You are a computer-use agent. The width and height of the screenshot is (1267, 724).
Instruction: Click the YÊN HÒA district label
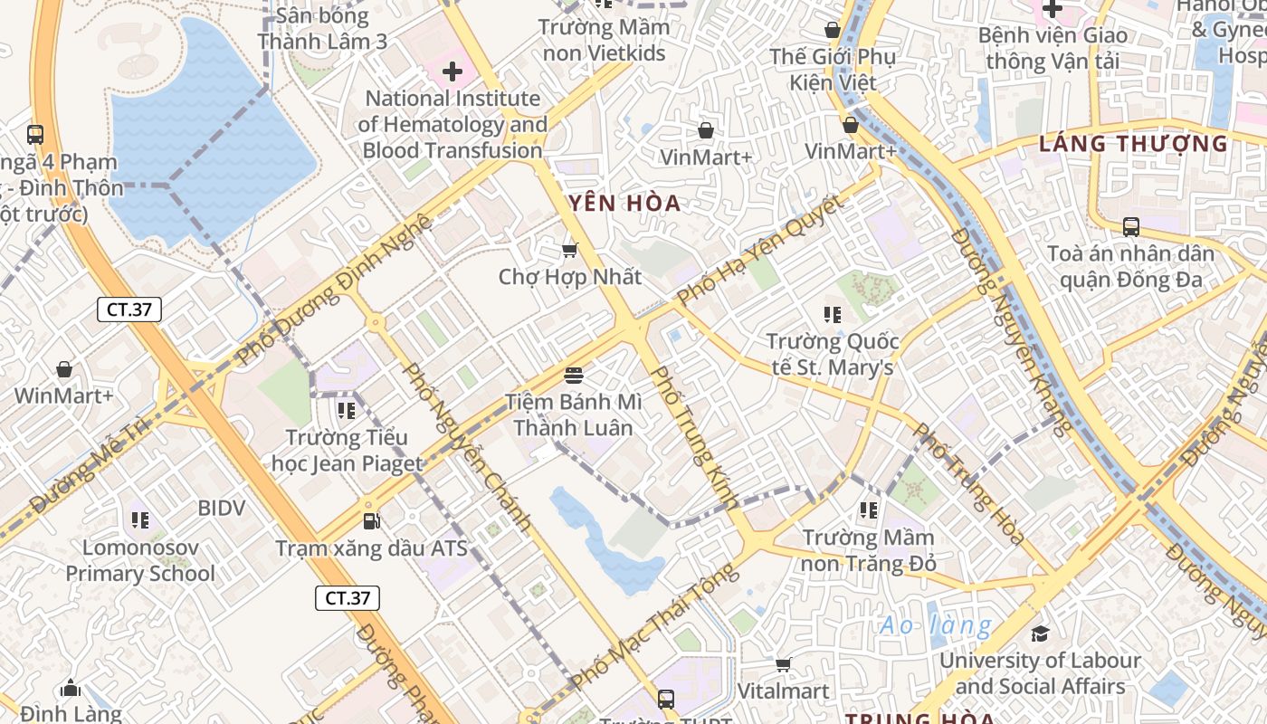tap(624, 203)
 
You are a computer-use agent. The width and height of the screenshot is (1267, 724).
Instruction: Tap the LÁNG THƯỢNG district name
tap(1133, 143)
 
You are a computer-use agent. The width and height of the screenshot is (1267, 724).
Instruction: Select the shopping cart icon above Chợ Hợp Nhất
tap(569, 249)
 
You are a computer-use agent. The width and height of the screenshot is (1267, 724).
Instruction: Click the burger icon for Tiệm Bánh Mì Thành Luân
tap(573, 374)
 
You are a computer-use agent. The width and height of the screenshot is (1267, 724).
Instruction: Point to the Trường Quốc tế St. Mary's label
tap(833, 354)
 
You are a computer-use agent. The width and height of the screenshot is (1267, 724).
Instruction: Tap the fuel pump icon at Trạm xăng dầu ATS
tap(371, 520)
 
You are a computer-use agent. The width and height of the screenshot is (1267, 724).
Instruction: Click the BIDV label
tap(222, 508)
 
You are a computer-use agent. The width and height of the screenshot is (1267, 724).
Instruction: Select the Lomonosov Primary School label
tap(140, 560)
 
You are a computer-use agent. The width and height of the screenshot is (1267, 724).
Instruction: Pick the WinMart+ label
tap(63, 395)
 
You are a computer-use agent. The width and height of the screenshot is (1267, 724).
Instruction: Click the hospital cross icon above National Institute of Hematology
tap(452, 71)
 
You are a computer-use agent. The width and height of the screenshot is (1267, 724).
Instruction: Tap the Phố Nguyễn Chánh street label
tap(465, 446)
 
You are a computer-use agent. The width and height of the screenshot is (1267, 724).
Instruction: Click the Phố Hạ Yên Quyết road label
tap(760, 250)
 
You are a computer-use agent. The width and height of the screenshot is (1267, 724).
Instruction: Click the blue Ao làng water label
tap(936, 624)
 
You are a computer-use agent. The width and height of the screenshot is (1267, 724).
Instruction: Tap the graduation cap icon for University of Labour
tap(1040, 633)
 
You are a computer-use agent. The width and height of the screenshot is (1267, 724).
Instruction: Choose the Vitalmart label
tap(783, 691)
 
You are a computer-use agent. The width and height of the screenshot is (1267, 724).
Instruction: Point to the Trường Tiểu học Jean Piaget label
tap(347, 451)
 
